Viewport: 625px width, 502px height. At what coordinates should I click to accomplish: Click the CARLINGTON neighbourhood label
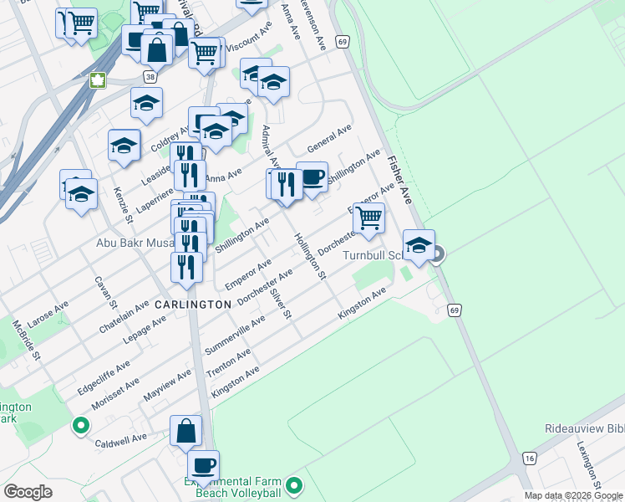pyautogui.click(x=192, y=305)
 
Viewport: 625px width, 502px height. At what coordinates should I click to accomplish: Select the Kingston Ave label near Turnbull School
pyautogui.click(x=362, y=304)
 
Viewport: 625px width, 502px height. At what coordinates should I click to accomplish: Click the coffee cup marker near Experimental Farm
pyautogui.click(x=203, y=464)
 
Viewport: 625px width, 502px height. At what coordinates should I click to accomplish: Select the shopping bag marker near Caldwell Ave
pyautogui.click(x=185, y=431)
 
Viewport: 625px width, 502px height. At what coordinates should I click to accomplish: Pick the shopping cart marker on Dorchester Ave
pyautogui.click(x=368, y=218)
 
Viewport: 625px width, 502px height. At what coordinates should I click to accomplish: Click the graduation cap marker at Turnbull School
pyautogui.click(x=419, y=245)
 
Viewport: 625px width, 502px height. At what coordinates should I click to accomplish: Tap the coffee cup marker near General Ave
pyautogui.click(x=312, y=177)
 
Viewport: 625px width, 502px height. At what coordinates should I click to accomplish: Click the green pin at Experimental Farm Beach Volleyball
pyautogui.click(x=293, y=485)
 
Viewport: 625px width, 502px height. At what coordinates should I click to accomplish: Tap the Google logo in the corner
pyautogui.click(x=28, y=492)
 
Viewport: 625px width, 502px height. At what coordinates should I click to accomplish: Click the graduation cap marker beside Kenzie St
pyautogui.click(x=124, y=145)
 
